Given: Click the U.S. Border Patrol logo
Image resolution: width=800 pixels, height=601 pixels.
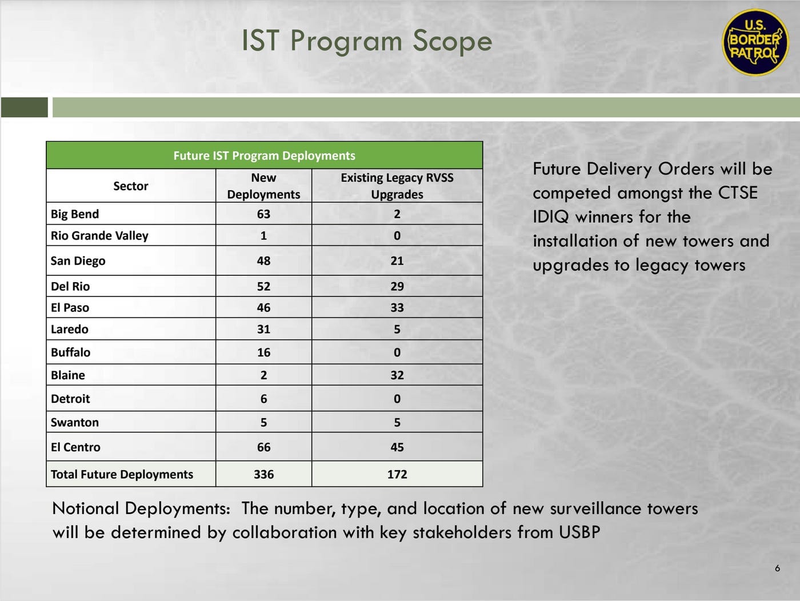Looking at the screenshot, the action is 755,42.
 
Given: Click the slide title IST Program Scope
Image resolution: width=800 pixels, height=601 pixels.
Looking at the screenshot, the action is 367,41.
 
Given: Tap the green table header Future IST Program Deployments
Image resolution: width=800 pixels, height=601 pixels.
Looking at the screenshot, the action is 264,155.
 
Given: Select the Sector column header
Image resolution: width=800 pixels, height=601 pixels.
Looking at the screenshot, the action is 130,186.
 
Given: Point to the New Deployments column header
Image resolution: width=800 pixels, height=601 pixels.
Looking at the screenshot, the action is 263,186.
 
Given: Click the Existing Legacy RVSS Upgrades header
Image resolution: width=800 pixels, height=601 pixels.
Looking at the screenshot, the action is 397,186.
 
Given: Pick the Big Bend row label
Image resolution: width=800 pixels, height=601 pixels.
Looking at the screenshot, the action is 75,214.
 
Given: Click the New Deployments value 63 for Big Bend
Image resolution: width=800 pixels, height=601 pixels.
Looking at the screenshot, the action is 263,214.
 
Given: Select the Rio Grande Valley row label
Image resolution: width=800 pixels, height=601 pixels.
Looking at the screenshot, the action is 99,236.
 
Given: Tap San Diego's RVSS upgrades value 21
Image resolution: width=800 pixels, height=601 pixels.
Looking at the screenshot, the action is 397,261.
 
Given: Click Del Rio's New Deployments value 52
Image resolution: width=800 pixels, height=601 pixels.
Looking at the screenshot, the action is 263,286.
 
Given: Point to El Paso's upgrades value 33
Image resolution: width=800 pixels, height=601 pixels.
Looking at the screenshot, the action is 397,307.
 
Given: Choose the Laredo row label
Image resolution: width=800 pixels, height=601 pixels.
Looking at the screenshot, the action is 69,329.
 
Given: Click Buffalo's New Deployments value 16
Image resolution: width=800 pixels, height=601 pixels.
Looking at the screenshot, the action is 263,352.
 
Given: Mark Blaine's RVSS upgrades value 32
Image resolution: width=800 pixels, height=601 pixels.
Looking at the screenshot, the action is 397,375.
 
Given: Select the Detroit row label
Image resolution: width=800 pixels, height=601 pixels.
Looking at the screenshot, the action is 70,399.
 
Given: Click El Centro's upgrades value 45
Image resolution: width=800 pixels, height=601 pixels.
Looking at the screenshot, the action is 397,447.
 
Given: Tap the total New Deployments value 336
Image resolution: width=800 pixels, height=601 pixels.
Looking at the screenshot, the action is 263,474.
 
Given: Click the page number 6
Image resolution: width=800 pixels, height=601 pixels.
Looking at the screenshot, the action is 777,568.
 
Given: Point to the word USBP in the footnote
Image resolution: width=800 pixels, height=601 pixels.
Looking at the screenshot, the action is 579,532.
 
